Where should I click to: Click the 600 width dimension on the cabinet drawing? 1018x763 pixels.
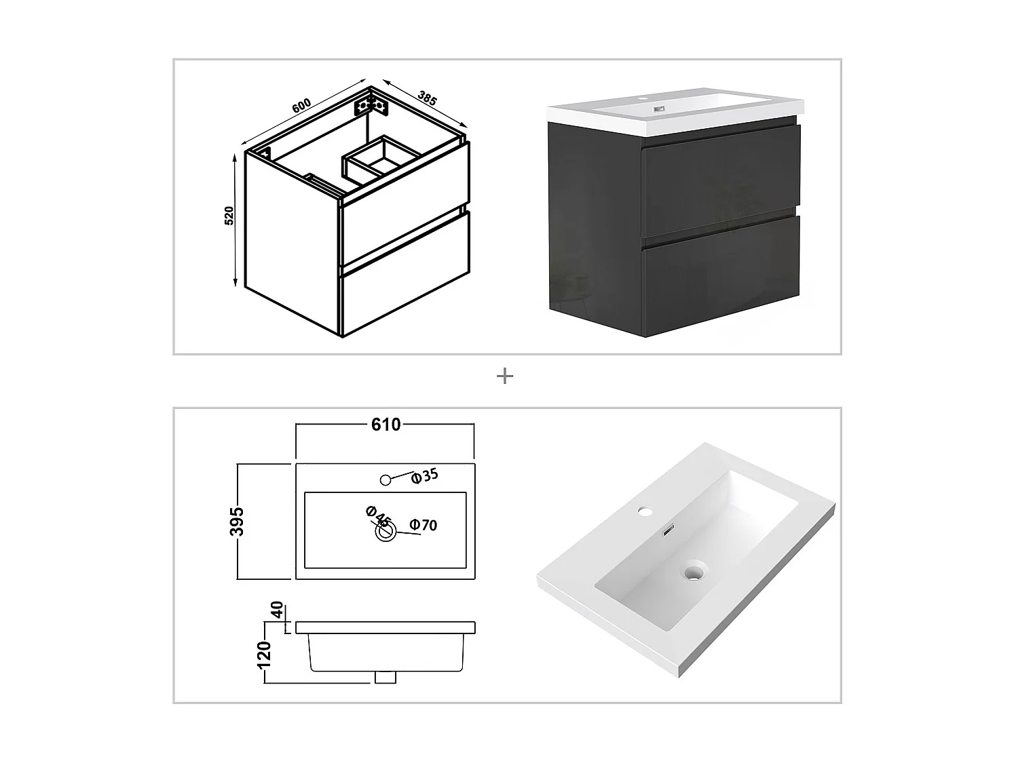point(301,106)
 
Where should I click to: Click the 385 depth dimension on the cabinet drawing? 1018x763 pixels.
point(427,98)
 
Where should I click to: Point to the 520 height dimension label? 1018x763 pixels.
point(229,216)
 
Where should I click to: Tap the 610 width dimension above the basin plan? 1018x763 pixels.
point(385,425)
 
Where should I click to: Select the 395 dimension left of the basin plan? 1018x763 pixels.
point(237,521)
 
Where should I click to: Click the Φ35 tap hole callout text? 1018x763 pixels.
point(426,475)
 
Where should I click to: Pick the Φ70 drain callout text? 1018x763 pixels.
point(423,525)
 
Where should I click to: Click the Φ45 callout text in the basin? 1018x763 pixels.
point(378,517)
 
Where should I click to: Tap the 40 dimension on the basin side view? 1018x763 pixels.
point(276,610)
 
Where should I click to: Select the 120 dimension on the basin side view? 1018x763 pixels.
point(265,654)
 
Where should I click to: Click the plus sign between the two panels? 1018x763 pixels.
point(505,376)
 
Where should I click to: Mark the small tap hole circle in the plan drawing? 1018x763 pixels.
point(385,480)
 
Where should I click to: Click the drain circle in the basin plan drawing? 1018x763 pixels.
point(386,532)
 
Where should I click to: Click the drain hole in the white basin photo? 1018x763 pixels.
point(693,574)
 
